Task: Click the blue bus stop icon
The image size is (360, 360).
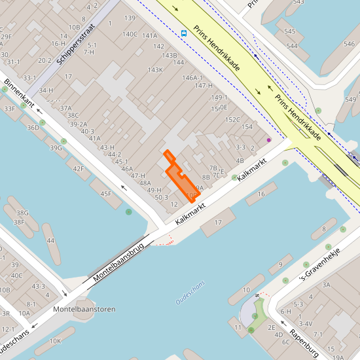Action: click(184, 33)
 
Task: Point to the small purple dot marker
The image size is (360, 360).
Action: click(268, 139)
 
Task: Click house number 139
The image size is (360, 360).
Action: click(130, 18)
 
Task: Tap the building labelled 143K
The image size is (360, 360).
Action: click(155, 69)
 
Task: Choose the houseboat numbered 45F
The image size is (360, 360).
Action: click(105, 194)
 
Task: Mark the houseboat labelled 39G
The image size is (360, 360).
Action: click(56, 148)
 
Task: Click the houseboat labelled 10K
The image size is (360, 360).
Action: click(55, 341)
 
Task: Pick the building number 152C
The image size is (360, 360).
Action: click(232, 120)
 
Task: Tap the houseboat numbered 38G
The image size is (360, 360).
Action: click(22, 213)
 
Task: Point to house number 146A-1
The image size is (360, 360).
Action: click(193, 77)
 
